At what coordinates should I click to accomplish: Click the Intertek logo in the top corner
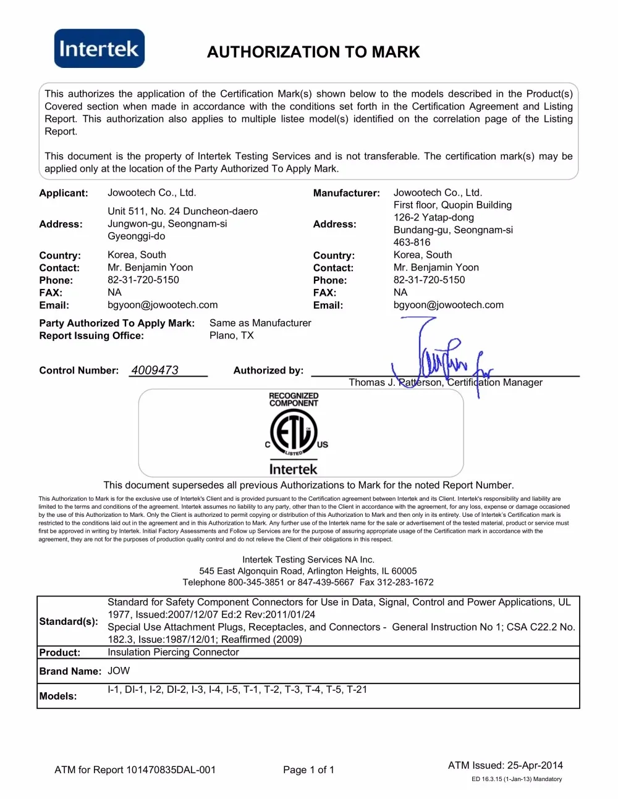99,48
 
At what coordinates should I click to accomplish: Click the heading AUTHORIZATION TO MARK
313,52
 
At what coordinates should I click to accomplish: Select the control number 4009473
154,370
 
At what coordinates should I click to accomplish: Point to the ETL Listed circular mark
294,432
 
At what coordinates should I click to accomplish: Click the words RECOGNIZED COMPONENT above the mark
294,399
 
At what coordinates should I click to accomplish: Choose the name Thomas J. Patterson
396,382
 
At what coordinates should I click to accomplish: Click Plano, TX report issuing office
232,335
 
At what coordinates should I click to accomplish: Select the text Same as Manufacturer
260,323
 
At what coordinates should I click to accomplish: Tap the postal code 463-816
412,242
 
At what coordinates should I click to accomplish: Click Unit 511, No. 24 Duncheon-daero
182,211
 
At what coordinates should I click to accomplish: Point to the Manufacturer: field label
346,193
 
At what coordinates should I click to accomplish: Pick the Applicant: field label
64,193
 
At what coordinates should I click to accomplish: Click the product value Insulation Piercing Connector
173,652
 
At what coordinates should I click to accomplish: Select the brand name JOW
119,671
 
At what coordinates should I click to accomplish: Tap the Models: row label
58,696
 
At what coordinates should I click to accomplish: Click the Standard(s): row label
69,621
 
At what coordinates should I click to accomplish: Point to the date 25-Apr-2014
535,765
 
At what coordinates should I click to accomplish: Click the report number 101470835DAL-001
171,770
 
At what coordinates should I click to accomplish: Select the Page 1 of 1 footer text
308,770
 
